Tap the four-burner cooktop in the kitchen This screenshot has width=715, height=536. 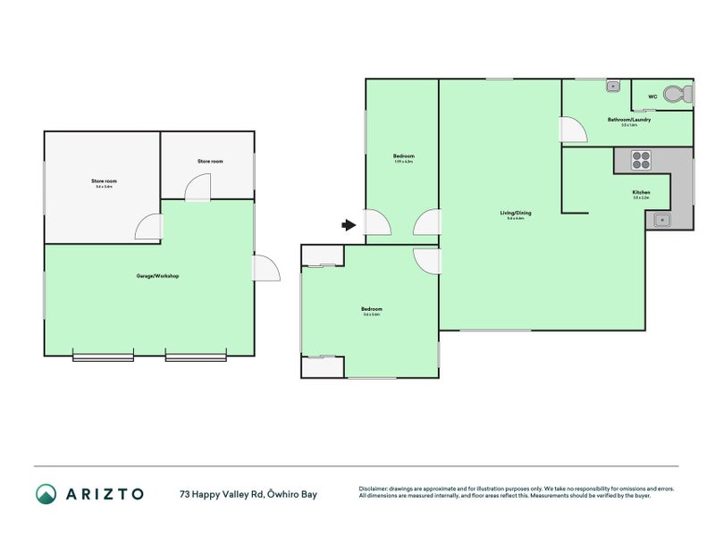click(x=641, y=161)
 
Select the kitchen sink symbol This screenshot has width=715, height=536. click(x=661, y=221)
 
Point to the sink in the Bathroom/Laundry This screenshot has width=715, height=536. click(x=613, y=86)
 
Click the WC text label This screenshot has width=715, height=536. click(x=652, y=95)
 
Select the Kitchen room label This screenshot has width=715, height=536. click(x=641, y=193)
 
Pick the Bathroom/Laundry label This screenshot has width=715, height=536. click(x=629, y=120)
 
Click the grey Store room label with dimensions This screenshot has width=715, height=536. click(x=104, y=182)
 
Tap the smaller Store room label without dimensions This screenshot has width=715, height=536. click(x=210, y=161)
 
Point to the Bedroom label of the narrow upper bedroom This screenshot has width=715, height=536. click(x=402, y=156)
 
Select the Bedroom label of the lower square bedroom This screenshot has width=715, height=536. click(x=371, y=309)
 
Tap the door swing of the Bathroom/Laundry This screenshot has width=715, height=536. click(x=573, y=130)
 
